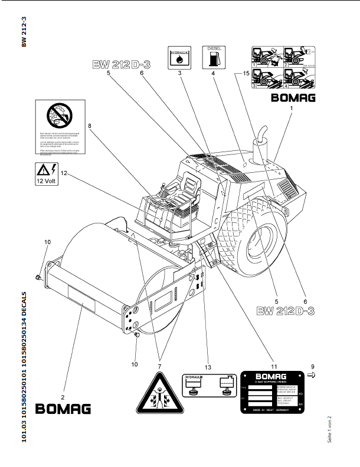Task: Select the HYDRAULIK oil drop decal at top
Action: click(x=178, y=58)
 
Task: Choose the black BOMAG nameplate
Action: click(x=271, y=392)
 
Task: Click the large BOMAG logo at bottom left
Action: click(x=63, y=408)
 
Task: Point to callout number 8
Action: click(x=89, y=126)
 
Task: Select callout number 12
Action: click(x=64, y=173)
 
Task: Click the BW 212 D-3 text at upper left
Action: click(x=121, y=65)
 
